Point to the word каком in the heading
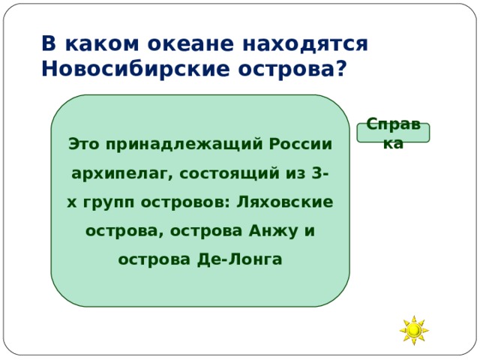coord(96,44)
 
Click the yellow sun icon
coord(413,330)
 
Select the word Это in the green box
coord(84,142)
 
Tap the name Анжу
coord(271,230)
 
